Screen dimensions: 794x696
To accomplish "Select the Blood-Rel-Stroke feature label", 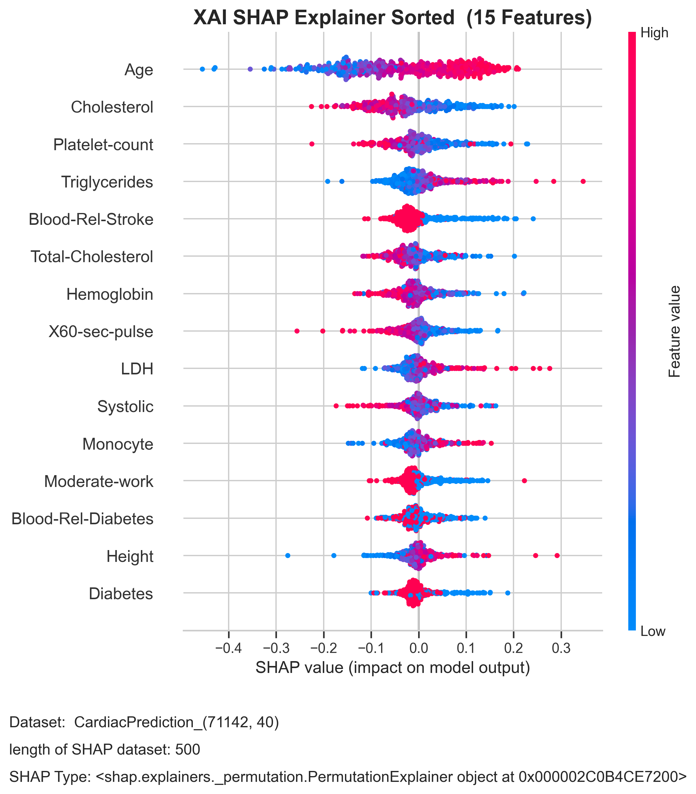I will click(91, 220).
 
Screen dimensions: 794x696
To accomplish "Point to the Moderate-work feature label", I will click(99, 481).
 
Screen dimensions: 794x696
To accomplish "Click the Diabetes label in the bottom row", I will click(121, 594).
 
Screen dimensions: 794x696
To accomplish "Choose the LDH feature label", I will click(137, 369).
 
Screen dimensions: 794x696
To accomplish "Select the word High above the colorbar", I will click(654, 33).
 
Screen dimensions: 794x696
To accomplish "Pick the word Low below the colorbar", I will click(653, 631).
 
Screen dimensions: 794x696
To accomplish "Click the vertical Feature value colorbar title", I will click(675, 332).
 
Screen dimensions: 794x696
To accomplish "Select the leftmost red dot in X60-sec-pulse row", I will click(297, 331).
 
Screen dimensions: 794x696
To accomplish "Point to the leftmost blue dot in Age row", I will click(202, 69).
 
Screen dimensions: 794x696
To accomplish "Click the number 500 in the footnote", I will click(188, 750).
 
